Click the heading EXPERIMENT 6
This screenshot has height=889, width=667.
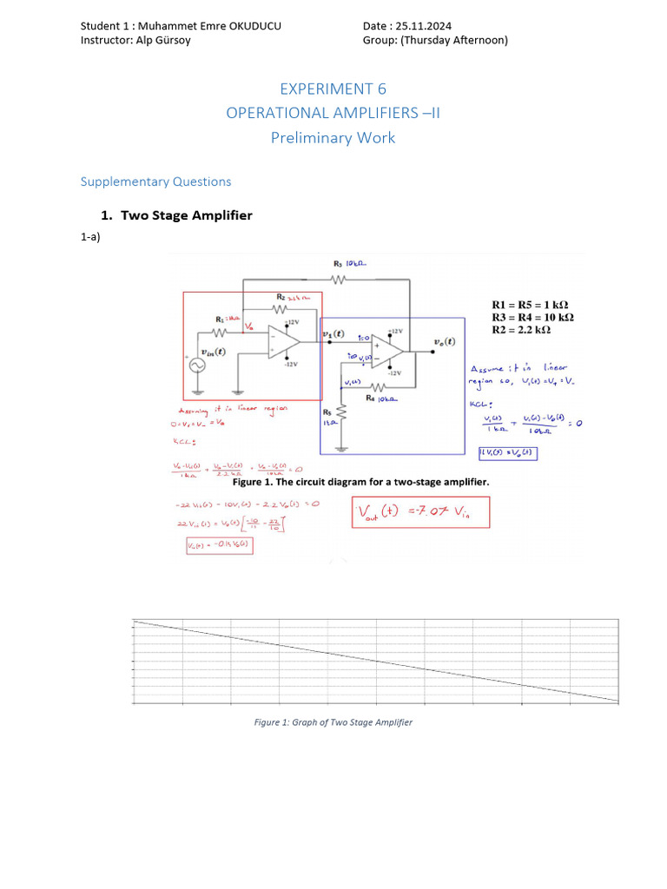(x=333, y=89)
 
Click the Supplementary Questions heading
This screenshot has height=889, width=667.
(x=155, y=181)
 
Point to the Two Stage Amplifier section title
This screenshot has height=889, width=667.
(x=186, y=215)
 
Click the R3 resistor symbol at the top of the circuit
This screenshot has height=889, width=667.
(x=339, y=280)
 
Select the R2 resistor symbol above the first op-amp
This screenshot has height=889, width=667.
(x=280, y=309)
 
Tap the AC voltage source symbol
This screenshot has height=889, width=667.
(x=193, y=366)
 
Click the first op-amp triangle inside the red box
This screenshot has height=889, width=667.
(x=281, y=340)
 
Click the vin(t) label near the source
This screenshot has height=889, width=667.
(x=214, y=352)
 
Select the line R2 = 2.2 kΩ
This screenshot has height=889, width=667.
(x=529, y=330)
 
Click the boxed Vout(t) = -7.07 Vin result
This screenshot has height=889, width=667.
(x=420, y=512)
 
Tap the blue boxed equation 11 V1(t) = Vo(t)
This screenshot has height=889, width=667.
(x=505, y=452)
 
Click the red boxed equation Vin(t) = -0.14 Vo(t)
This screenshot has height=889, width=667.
(x=219, y=546)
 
